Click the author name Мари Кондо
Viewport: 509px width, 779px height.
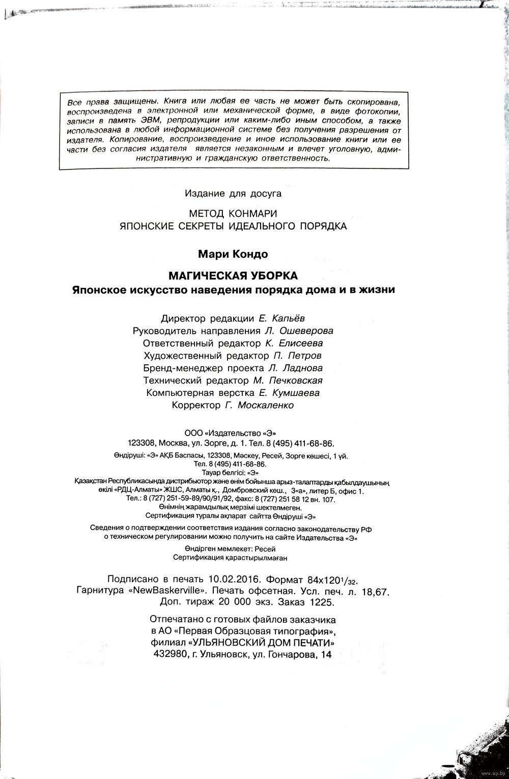coord(233,253)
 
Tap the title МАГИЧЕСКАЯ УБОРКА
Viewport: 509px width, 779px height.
coord(233,276)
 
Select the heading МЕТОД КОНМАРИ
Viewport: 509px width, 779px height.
coord(233,213)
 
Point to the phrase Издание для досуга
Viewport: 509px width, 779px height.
coord(233,193)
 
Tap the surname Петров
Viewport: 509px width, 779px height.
coord(304,356)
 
